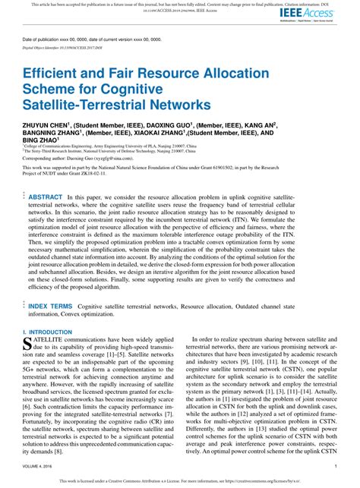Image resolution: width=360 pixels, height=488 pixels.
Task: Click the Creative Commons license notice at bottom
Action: pyautogui.click(x=179, y=481)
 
